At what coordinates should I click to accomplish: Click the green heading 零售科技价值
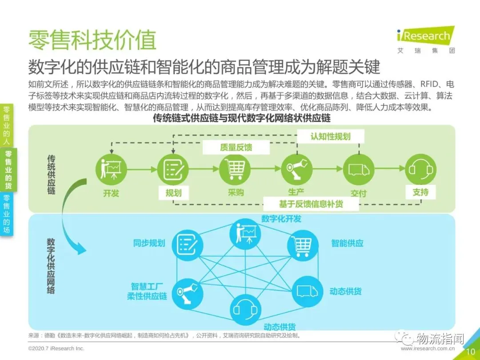tap(92, 40)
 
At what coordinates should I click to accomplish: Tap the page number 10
tap(471, 352)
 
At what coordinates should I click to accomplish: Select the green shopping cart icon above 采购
tap(235, 169)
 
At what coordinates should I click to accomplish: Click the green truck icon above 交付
tap(358, 169)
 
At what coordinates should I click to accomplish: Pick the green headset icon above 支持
tap(420, 169)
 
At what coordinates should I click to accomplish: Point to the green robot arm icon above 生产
tap(296, 169)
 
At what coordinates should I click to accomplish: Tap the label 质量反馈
tap(236, 147)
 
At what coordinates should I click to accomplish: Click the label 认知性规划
tap(330, 136)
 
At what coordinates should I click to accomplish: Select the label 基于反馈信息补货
tap(312, 204)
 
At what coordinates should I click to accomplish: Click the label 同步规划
tap(149, 243)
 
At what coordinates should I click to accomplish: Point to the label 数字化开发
tap(281, 218)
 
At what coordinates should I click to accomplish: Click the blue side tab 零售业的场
tap(8, 213)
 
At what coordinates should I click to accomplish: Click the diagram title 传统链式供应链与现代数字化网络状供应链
tap(242, 119)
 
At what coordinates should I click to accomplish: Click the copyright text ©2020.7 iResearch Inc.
tap(56, 348)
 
